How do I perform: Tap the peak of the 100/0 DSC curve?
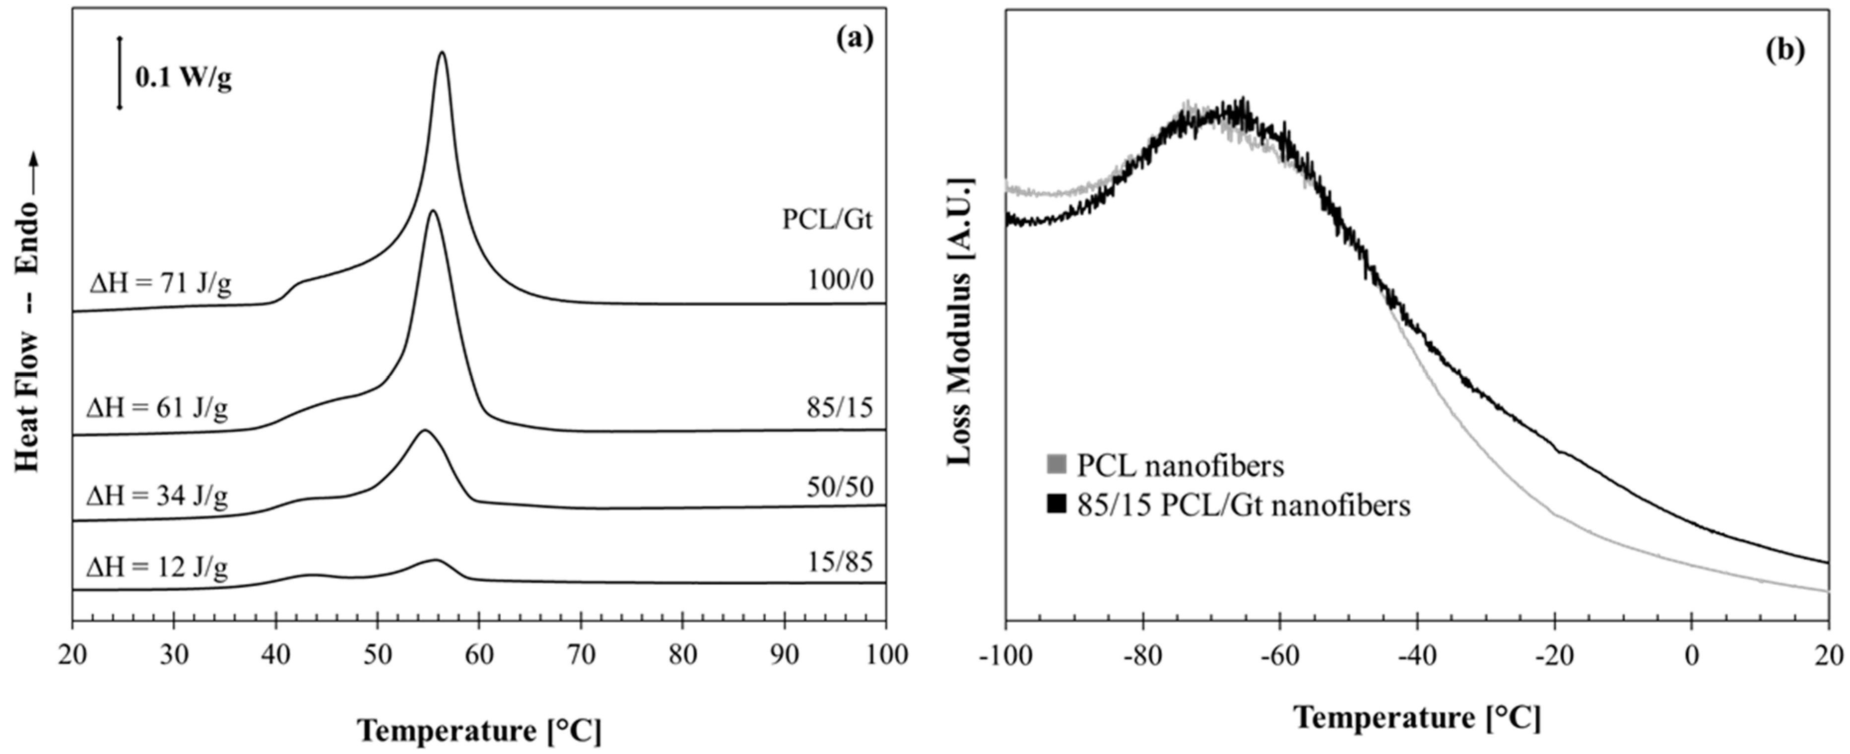(x=442, y=53)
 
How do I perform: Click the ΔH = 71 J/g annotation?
(x=160, y=284)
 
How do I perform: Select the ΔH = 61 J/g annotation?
(x=157, y=409)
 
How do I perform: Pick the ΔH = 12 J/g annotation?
(x=157, y=567)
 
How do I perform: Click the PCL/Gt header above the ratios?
(x=827, y=219)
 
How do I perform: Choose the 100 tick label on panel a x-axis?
(x=885, y=654)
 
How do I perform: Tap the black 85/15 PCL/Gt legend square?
(x=1057, y=505)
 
